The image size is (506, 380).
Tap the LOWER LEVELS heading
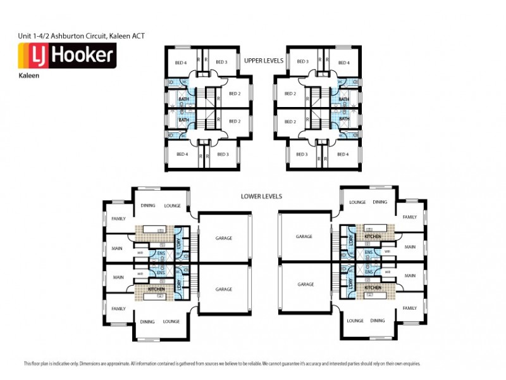(261, 196)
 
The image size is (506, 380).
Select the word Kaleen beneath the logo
(26, 75)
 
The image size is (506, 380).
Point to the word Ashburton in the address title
(70, 36)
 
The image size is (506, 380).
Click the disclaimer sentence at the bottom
(221, 364)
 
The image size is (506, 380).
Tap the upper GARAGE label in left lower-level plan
(223, 238)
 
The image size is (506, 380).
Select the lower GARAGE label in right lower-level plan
(305, 284)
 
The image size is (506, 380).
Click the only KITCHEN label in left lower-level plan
(156, 289)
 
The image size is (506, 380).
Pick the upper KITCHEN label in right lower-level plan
(373, 236)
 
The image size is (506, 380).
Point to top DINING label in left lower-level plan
(147, 205)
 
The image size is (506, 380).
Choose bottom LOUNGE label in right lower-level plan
(355, 321)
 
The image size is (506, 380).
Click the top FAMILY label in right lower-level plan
(409, 217)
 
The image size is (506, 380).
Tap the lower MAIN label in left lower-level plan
(118, 276)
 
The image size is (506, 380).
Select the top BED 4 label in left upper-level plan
(180, 62)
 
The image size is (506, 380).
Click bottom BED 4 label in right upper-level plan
(343, 154)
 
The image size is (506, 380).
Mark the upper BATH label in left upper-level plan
(183, 99)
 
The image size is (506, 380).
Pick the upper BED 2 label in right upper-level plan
(290, 94)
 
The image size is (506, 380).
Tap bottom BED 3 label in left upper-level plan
(222, 154)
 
